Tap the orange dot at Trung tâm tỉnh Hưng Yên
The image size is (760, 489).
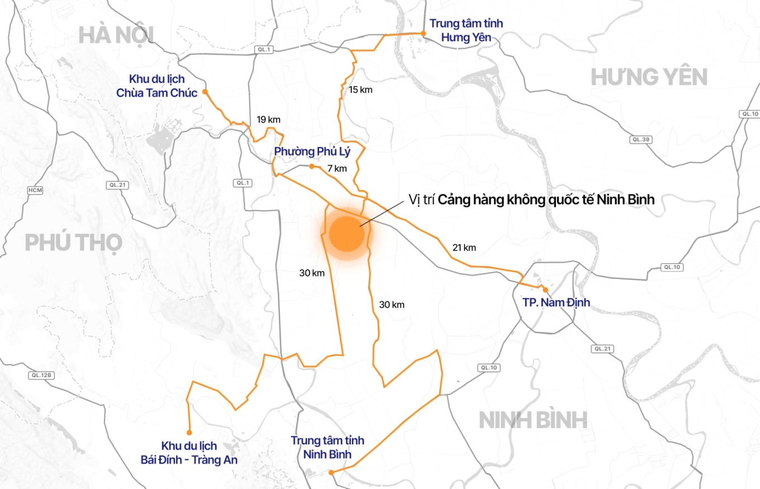point(423,34)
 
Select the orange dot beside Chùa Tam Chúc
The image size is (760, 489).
point(205,92)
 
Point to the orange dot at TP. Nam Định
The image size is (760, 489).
point(545,289)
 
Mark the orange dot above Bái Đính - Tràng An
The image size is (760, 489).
point(189,433)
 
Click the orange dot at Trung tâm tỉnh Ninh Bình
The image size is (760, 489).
point(331,472)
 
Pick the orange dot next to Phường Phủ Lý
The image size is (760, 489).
point(311,166)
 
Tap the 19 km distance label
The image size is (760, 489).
point(268,120)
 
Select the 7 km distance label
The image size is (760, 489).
point(337,168)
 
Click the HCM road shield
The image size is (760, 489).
point(35,191)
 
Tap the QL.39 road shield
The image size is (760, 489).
point(640,139)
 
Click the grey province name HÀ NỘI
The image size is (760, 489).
point(116,35)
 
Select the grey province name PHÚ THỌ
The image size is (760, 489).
point(73,243)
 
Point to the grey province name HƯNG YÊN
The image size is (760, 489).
point(649,77)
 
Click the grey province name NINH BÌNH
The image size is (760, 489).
point(533,420)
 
